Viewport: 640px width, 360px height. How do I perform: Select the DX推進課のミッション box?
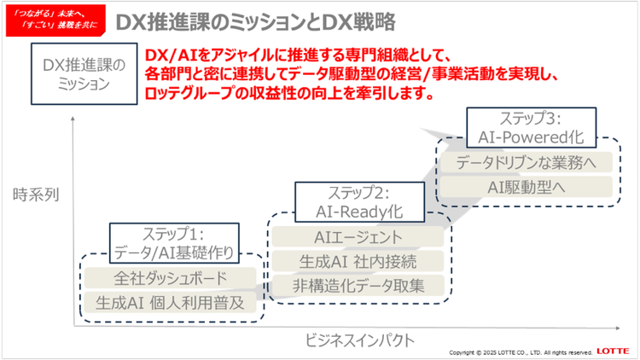click(x=84, y=74)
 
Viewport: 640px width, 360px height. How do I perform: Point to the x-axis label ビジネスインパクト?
click(x=360, y=340)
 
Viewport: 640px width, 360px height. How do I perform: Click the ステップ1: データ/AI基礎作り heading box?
click(x=174, y=241)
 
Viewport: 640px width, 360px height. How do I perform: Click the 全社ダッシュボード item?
click(x=171, y=278)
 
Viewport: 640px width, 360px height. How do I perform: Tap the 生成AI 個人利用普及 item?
click(x=171, y=301)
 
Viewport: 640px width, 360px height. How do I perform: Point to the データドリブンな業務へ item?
click(x=525, y=162)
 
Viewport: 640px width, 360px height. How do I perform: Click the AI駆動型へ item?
click(x=525, y=185)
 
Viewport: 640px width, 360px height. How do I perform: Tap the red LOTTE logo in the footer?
click(x=614, y=351)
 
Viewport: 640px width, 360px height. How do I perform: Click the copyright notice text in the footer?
click(x=521, y=351)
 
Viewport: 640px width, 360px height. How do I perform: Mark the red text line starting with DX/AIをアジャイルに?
click(x=341, y=54)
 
